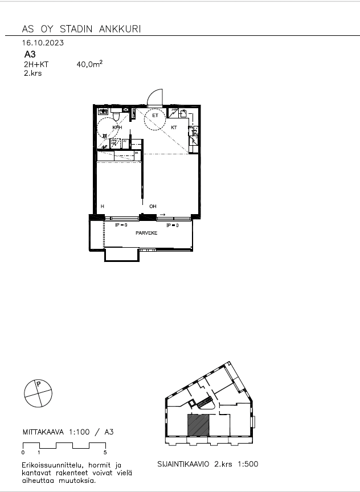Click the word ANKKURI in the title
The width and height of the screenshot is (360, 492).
[121, 29]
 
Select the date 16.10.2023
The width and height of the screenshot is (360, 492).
[43, 43]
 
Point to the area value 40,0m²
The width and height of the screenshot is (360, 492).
[89, 65]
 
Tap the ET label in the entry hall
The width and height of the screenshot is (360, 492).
[154, 116]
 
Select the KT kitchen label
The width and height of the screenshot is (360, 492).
[174, 128]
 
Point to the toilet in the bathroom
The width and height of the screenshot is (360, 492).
[115, 116]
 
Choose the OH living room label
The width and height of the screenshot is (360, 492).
[153, 206]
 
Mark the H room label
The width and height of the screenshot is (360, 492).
[103, 206]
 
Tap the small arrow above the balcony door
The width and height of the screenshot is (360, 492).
[163, 215]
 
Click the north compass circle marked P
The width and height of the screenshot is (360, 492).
[38, 392]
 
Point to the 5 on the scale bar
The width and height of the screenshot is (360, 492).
[105, 452]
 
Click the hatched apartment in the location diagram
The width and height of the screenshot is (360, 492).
[199, 427]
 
